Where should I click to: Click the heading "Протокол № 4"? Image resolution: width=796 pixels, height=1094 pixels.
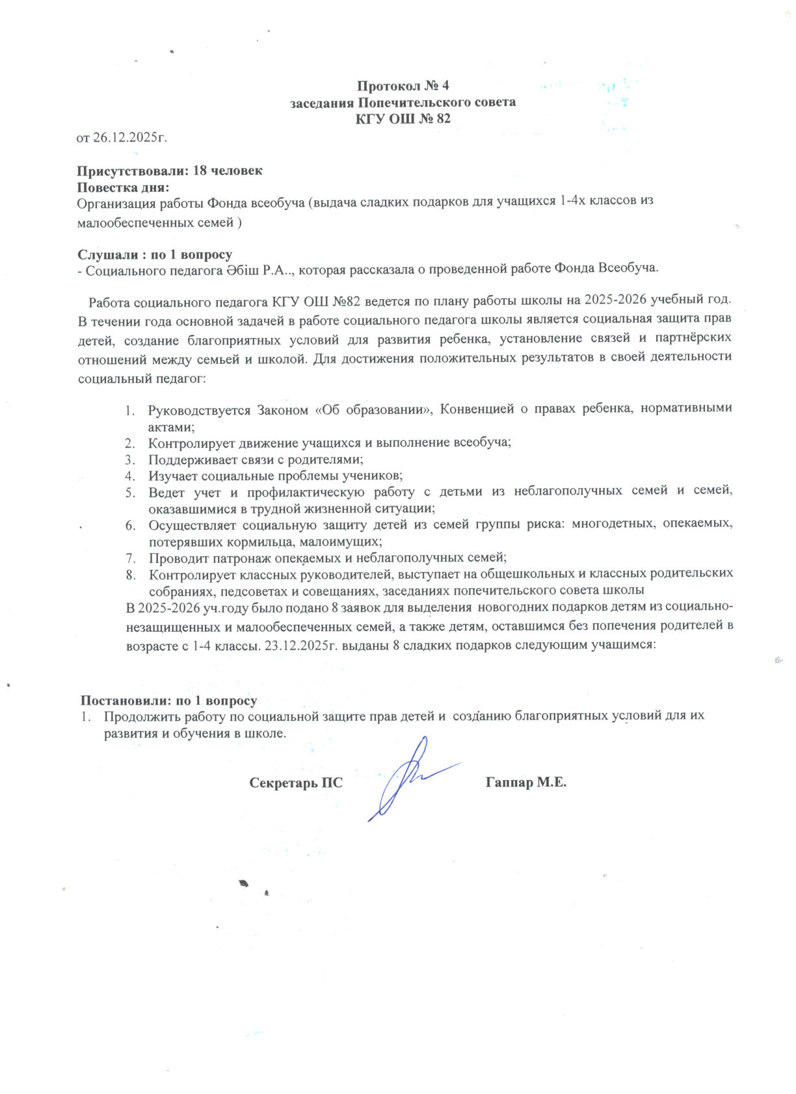click(403, 86)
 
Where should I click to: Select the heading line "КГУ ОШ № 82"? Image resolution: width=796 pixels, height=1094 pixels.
click(403, 119)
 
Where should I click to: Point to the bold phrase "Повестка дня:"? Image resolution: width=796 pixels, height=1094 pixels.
click(123, 187)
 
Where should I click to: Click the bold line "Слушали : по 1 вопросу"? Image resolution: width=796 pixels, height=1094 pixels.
click(155, 254)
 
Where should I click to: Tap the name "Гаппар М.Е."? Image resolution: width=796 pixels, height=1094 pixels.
click(525, 783)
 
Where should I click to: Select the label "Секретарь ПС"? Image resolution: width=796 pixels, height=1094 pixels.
click(296, 783)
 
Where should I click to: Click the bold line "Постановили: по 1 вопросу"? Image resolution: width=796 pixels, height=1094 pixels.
click(168, 701)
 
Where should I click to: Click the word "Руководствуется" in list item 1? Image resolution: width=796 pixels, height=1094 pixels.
click(200, 410)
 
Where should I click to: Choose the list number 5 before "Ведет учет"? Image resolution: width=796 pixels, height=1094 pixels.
click(129, 492)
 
